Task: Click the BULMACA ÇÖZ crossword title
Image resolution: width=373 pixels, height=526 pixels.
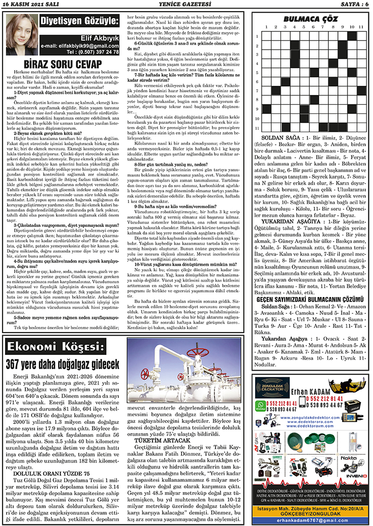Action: point(311,18)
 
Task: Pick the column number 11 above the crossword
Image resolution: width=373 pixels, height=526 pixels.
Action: point(360,27)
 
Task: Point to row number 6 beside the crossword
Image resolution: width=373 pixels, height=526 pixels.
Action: point(258,81)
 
